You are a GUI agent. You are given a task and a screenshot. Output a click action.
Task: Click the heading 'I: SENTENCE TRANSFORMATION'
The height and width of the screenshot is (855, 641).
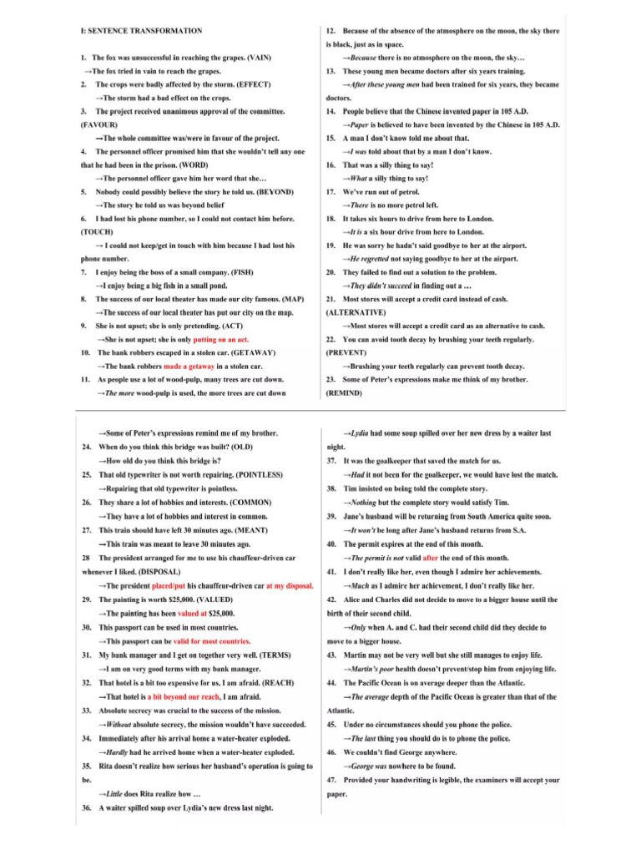(x=141, y=31)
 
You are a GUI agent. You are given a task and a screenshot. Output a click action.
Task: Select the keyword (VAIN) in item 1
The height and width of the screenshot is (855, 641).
(x=256, y=57)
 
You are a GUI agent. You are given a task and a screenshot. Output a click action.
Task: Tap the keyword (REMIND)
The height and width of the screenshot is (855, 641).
(x=343, y=392)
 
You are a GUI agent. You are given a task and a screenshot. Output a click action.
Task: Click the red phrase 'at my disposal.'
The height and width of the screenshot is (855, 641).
(x=290, y=585)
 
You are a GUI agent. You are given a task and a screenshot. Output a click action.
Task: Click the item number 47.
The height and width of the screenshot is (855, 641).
(x=331, y=779)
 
